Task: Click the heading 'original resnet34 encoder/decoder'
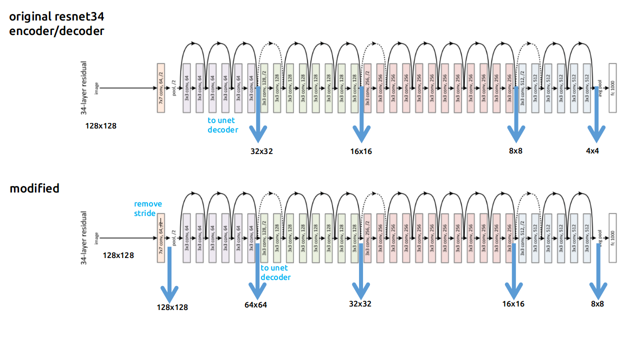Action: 57,23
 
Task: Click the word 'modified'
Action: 34,188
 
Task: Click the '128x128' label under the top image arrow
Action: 100,126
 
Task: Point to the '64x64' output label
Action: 255,305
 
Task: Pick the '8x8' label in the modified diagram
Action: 597,303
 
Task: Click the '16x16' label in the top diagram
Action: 361,151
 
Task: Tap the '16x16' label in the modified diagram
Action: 513,303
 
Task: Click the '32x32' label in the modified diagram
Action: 360,303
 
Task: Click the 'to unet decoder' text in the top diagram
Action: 223,125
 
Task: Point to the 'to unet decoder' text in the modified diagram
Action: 275,272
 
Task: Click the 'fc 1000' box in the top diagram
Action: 612,88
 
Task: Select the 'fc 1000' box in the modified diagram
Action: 612,238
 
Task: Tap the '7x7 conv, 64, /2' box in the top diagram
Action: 160,88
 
